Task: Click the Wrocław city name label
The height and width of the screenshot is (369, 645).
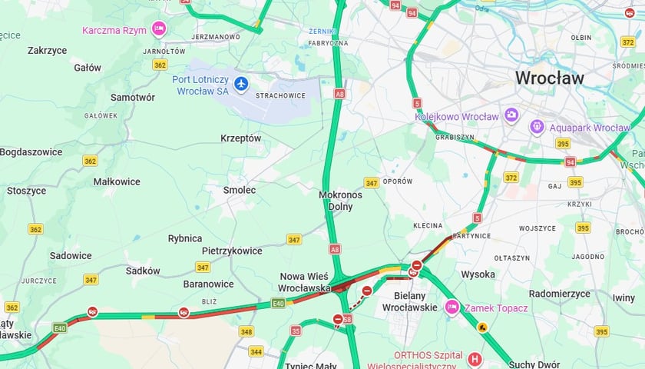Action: (x=549, y=78)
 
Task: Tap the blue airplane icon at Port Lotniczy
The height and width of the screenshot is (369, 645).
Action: (x=242, y=83)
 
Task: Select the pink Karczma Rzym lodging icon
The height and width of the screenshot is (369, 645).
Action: (x=159, y=29)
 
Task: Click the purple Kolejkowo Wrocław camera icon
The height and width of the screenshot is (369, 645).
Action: (x=511, y=116)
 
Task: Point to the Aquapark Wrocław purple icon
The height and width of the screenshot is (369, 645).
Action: (x=537, y=127)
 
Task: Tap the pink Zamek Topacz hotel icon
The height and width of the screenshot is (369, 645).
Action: (x=451, y=307)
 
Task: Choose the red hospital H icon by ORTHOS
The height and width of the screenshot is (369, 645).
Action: (x=475, y=359)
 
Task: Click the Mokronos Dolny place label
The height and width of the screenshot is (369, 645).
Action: (x=340, y=201)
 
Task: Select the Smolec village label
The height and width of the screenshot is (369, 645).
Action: (x=240, y=189)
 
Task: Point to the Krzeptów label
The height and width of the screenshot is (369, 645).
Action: (x=241, y=138)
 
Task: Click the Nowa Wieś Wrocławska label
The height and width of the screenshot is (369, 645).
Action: (x=303, y=281)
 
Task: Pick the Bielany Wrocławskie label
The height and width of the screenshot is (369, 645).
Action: (x=414, y=301)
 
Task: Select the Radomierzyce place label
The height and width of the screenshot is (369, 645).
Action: (x=559, y=294)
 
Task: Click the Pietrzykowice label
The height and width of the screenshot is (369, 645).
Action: (x=232, y=251)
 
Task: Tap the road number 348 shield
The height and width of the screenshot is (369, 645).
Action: (x=246, y=331)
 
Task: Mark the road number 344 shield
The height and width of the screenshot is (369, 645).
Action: (x=256, y=351)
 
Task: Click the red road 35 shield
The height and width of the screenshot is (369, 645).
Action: (x=296, y=331)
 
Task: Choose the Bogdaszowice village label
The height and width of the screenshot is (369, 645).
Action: (x=31, y=151)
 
